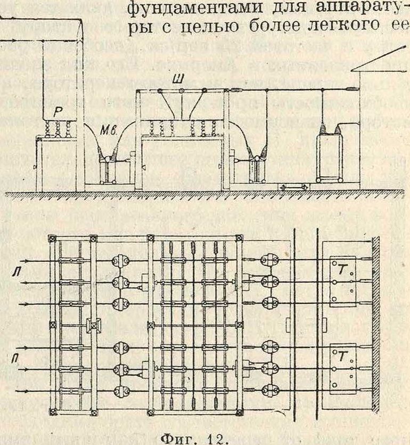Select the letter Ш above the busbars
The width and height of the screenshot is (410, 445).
pyautogui.click(x=182, y=78)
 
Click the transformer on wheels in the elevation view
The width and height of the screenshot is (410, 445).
pyautogui.click(x=331, y=152)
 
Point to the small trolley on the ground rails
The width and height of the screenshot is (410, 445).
pyautogui.click(x=294, y=187)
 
